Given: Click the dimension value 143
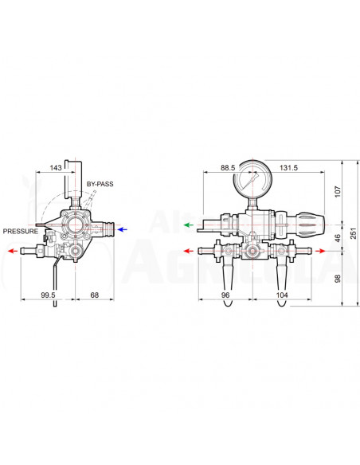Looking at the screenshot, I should [x=56, y=168].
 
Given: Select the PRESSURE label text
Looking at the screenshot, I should [x=20, y=231].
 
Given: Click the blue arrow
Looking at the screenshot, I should [x=121, y=229].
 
